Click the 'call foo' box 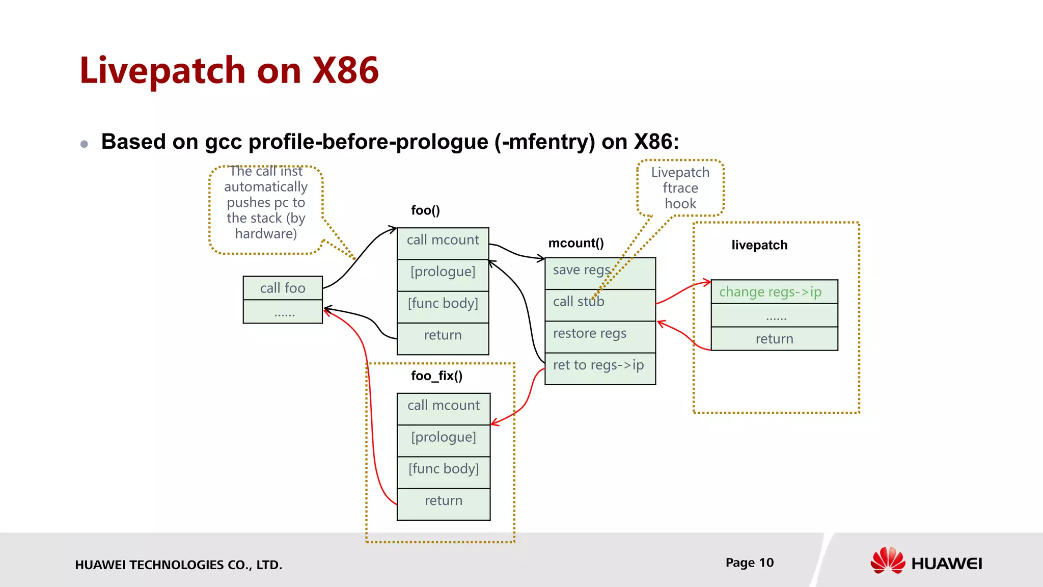[x=283, y=288]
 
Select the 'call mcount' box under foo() [x=443, y=241]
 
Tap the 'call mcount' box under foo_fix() [x=443, y=406]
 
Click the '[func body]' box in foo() [x=443, y=304]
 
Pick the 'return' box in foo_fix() [x=443, y=501]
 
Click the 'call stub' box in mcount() [x=579, y=302]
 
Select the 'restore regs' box [x=590, y=334]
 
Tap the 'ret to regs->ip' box [x=598, y=366]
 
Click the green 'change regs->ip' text [x=770, y=292]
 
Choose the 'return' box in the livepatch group [x=774, y=339]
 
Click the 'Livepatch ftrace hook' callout [x=680, y=188]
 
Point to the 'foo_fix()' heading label [x=436, y=376]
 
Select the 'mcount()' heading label [x=576, y=244]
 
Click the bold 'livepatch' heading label [x=759, y=245]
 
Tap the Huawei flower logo [x=888, y=561]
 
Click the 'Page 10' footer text [x=749, y=563]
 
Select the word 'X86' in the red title [x=345, y=70]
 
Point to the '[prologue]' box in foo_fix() [x=443, y=438]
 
